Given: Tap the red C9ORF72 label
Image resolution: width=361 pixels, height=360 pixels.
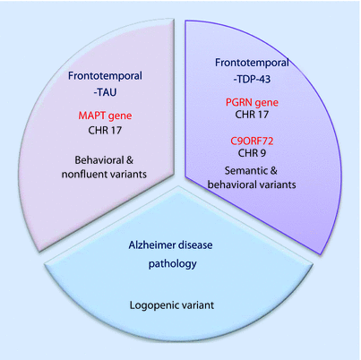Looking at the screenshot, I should [250, 141].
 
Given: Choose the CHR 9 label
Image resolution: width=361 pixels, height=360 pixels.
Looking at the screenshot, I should [250, 155].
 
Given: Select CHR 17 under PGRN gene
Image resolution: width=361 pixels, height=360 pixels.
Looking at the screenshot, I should [250, 117].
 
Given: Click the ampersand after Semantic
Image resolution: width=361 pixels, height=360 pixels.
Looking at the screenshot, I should [272, 169].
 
